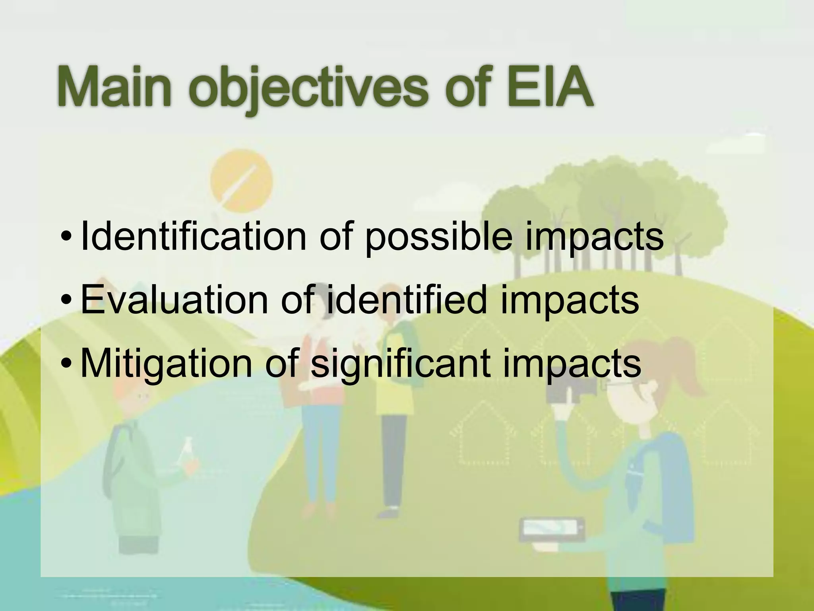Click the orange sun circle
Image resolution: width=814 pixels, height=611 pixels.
point(241,181)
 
